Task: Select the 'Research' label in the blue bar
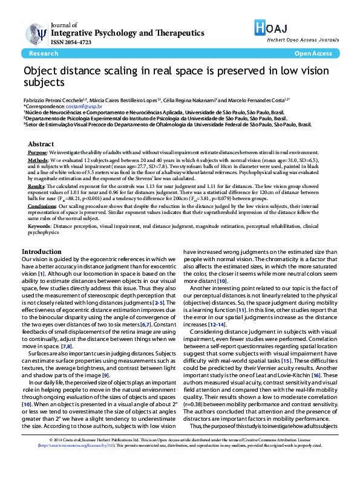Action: [43, 54]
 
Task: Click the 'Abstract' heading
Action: [41, 144]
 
